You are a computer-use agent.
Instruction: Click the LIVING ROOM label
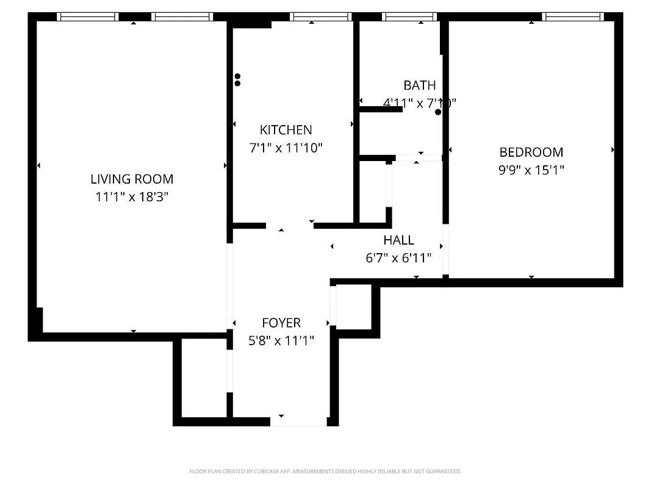pos(132,179)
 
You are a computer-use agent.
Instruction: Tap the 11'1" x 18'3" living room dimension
pos(132,197)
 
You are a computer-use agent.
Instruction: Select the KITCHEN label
pos(286,129)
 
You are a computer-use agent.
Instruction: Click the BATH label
pos(420,85)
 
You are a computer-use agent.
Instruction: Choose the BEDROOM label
pos(531,152)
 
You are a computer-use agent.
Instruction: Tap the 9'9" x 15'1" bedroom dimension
pos(531,170)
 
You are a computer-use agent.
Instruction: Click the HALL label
pos(398,240)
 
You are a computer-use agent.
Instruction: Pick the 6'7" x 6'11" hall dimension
pos(398,257)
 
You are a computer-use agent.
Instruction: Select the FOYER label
pos(281,323)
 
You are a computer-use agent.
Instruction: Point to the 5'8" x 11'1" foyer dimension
pos(281,340)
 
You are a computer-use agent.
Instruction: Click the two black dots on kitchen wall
pos(237,80)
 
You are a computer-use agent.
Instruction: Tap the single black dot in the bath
pos(438,112)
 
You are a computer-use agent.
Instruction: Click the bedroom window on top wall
pos(572,16)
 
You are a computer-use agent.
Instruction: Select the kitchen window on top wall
pos(320,16)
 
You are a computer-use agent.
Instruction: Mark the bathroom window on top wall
pos(409,16)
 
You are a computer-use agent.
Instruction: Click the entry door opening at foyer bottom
pos(298,421)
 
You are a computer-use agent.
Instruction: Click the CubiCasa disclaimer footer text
pos(325,472)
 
